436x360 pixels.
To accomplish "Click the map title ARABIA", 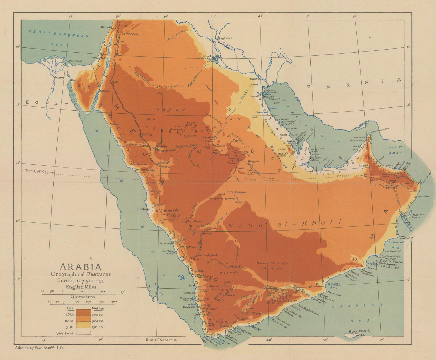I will tap(80, 267).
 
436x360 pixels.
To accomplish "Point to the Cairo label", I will tap(60, 78).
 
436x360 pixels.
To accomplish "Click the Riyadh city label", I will tap(253, 161).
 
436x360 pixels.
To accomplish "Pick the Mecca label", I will tap(166, 211).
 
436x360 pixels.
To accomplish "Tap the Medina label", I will tap(164, 166).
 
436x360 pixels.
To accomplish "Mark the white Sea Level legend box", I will tap(83, 331).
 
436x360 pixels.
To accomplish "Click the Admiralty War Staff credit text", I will tap(39, 348).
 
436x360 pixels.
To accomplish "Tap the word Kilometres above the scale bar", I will tap(82, 297).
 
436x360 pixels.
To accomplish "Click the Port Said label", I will tap(75, 61).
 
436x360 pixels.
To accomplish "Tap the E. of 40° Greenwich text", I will tap(161, 340).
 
